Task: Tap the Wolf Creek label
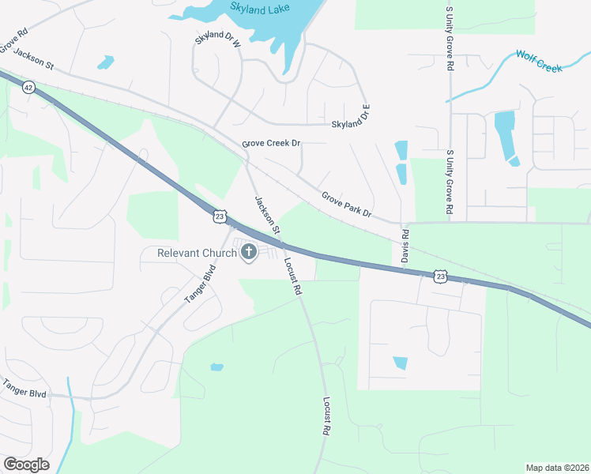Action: pos(539,61)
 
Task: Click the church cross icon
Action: pos(249,253)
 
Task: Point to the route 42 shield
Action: pos(28,87)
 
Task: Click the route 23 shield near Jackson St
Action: pos(220,215)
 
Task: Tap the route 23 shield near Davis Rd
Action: pos(440,276)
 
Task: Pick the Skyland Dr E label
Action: pos(351,118)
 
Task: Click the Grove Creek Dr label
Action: pos(272,143)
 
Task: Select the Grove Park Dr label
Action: pos(347,204)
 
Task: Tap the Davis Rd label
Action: pos(405,246)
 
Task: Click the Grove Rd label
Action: pos(13,41)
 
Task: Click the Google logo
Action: pos(26,465)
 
